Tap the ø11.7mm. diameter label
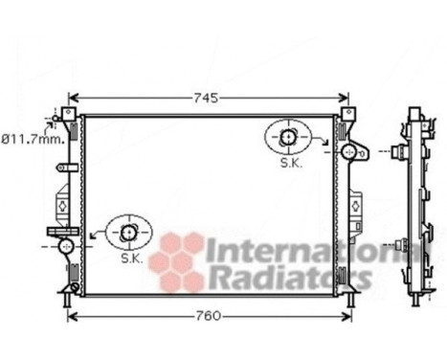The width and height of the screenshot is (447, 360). pos(33,139)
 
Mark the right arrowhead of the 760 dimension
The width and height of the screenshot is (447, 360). pos(347,315)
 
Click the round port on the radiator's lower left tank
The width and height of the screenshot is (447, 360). pos(65,246)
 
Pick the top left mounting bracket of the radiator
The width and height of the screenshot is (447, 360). pos(69,117)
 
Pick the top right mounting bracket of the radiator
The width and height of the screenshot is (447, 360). pos(345,117)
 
